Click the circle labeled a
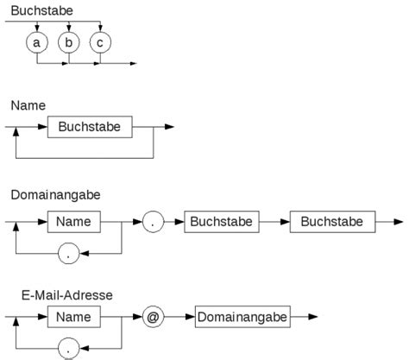(35, 42)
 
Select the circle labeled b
(68, 42)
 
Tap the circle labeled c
(100, 42)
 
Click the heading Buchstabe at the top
(41, 10)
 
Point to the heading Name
(28, 104)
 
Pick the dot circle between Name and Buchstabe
(154, 222)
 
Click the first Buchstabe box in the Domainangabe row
(222, 222)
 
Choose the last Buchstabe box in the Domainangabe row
(332, 222)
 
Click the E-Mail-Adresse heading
(66, 294)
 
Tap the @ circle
(154, 318)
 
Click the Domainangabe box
(242, 318)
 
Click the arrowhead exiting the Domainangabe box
(314, 318)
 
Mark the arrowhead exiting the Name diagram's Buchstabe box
(169, 127)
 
